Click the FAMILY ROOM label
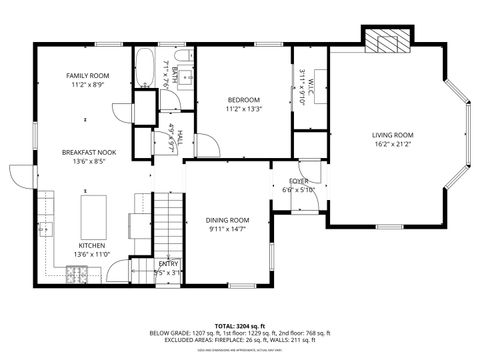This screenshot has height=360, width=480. point(86,76)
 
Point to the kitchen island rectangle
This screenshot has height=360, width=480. point(94,212)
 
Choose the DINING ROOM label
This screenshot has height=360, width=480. point(227,220)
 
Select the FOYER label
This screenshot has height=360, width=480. point(298,181)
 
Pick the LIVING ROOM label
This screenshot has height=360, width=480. point(392,134)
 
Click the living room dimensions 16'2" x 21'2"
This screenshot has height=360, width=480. point(392,143)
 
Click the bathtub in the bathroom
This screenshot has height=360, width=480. point(146,70)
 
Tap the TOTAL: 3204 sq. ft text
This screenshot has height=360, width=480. point(239,325)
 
